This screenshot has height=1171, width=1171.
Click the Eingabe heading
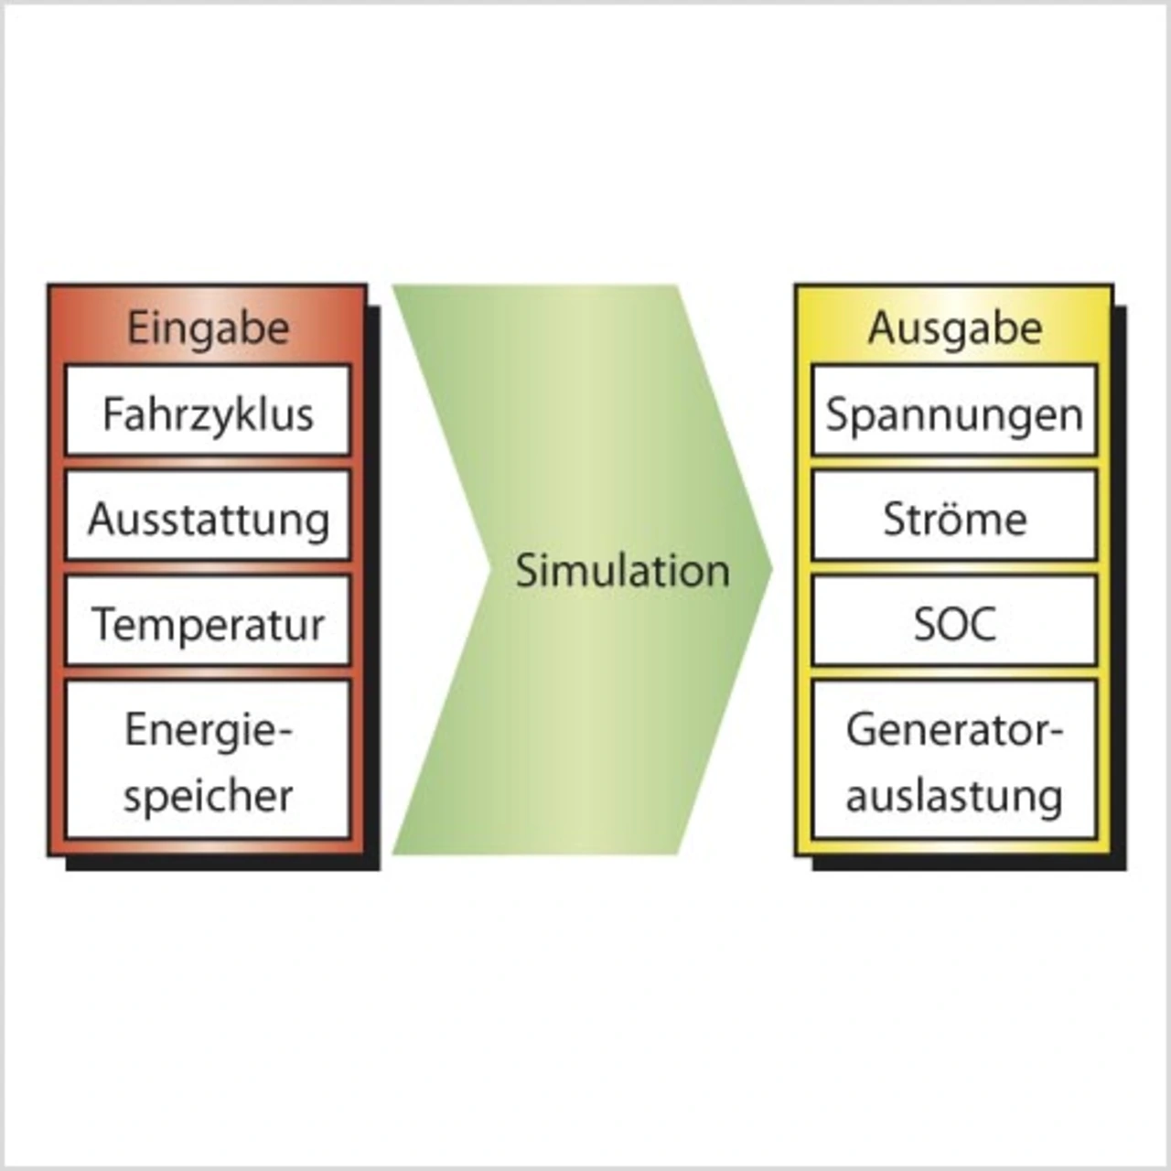(x=208, y=328)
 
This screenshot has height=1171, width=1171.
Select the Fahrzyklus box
(x=208, y=411)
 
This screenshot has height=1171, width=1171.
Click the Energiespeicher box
(x=208, y=759)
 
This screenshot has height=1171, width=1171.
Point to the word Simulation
(x=622, y=570)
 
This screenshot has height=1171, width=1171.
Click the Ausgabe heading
(x=954, y=328)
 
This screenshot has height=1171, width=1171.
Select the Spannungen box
(x=954, y=411)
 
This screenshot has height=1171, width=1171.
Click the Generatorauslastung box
(x=954, y=759)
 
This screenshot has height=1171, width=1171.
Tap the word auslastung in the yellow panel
(x=954, y=794)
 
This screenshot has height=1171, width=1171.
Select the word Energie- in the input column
(x=208, y=730)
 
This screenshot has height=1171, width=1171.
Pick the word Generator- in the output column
(x=954, y=730)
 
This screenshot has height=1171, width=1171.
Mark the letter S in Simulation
(x=527, y=570)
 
